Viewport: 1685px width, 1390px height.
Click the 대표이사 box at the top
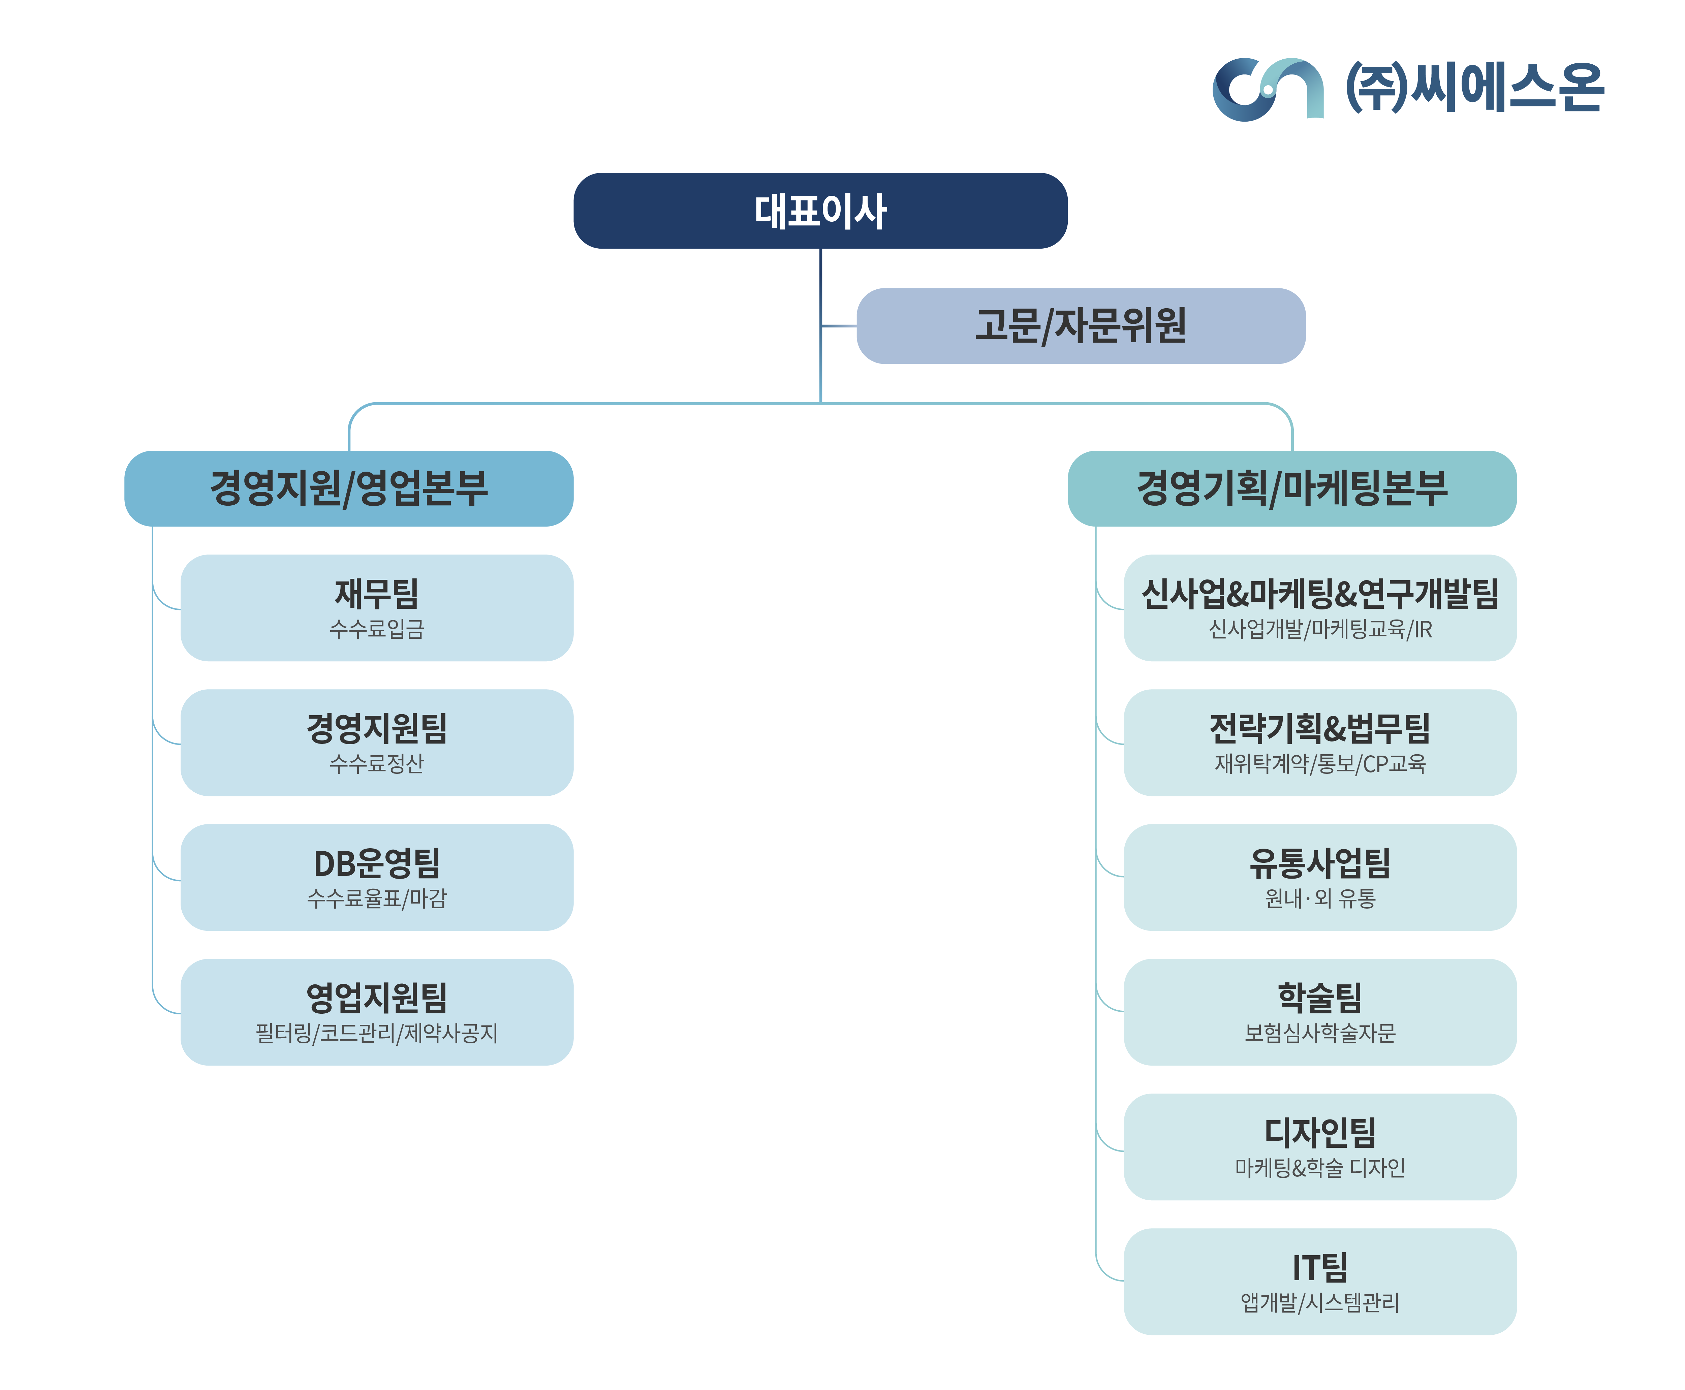(820, 211)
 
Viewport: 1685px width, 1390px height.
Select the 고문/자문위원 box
(1080, 326)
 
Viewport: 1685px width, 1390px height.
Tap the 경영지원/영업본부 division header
(348, 488)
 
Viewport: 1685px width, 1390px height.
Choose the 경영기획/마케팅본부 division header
(1292, 488)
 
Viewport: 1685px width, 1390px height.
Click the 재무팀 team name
(376, 593)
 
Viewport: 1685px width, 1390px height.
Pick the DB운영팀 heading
(376, 863)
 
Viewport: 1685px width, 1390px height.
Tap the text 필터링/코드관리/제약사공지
(376, 1033)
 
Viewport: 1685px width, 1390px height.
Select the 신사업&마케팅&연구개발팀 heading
(1320, 593)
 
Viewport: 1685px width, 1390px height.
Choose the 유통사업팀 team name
(1320, 863)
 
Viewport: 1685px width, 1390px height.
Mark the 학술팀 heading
(1320, 998)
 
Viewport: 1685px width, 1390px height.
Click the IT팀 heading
(1320, 1267)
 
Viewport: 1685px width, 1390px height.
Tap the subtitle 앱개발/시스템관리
(1320, 1303)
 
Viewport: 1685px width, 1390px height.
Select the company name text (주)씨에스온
(1475, 87)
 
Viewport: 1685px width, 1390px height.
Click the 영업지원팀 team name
(376, 998)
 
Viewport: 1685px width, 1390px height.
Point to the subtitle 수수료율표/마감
(376, 898)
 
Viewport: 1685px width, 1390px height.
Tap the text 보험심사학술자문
(1320, 1033)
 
